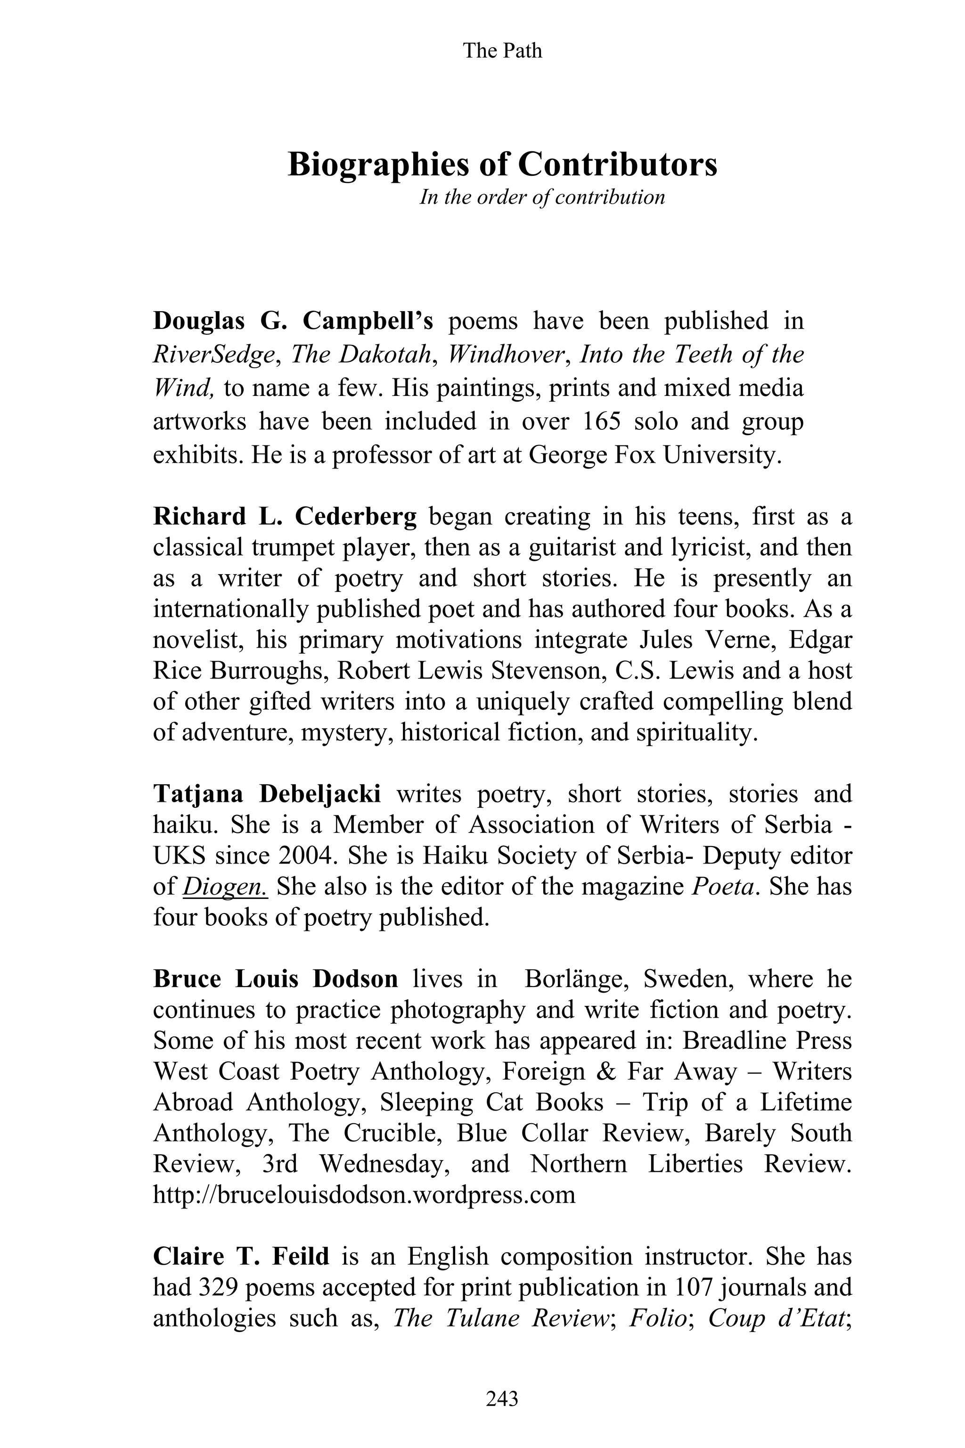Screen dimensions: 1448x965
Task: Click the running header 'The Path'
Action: (502, 50)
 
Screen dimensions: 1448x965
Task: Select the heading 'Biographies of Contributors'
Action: (502, 165)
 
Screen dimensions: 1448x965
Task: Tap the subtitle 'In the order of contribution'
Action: (541, 197)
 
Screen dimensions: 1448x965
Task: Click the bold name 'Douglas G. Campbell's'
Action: (293, 321)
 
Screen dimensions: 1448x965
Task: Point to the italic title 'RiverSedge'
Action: (213, 354)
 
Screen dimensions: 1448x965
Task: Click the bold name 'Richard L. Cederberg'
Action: (285, 516)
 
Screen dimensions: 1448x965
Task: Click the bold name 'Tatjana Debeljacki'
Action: (267, 794)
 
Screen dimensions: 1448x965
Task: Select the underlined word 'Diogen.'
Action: (225, 887)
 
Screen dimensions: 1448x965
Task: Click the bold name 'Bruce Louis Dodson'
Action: (275, 979)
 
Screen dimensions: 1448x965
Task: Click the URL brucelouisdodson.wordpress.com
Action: (364, 1195)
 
